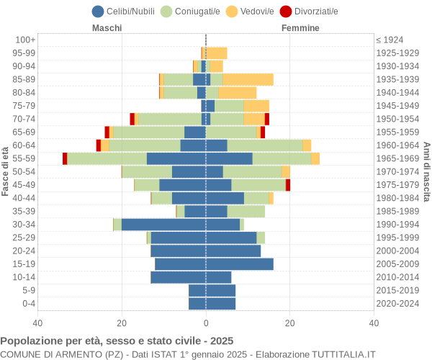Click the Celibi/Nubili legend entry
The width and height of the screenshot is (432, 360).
coord(127,12)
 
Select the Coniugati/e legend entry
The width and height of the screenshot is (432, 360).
coord(191,12)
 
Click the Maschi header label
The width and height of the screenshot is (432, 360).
coord(107,28)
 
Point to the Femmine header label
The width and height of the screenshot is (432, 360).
coord(300,28)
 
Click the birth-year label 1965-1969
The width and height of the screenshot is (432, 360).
coord(398,158)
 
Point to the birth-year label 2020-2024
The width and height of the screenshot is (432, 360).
coord(398,304)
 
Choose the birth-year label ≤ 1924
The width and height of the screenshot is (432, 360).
coord(390,40)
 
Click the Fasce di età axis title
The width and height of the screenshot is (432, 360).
coord(6,171)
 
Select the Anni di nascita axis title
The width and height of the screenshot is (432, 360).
coord(426,171)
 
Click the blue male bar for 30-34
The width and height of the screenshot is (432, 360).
coord(163,225)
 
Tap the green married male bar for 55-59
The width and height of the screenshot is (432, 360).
coord(107,158)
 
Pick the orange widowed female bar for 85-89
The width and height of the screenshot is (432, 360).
coord(248,79)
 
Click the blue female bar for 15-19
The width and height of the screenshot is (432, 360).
coord(239,264)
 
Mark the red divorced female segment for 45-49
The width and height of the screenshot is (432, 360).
coord(288,185)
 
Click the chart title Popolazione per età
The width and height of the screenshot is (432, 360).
coord(117,341)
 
